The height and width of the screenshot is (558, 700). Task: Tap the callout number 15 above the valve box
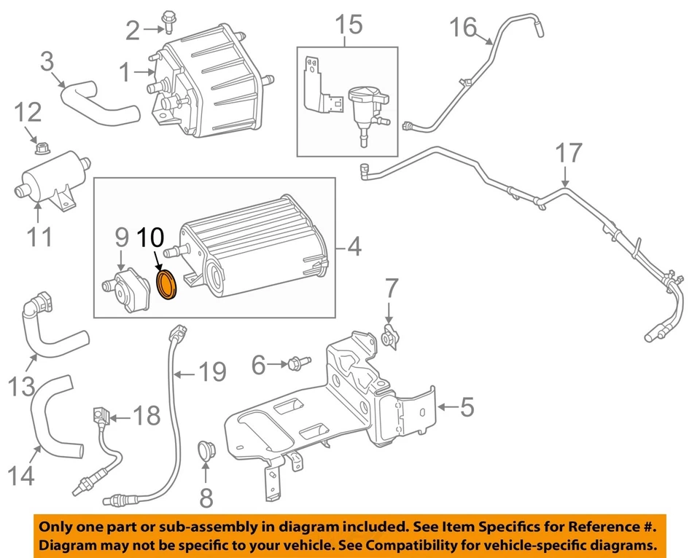[x=348, y=25]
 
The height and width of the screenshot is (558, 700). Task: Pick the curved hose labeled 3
[x=98, y=106]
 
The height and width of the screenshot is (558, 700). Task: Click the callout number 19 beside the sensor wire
[x=211, y=372]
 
